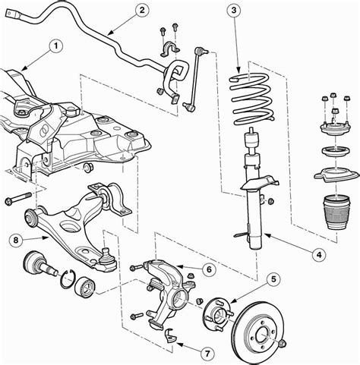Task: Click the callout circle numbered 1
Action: (55, 45)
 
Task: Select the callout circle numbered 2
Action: (141, 10)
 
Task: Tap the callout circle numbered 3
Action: (235, 10)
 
